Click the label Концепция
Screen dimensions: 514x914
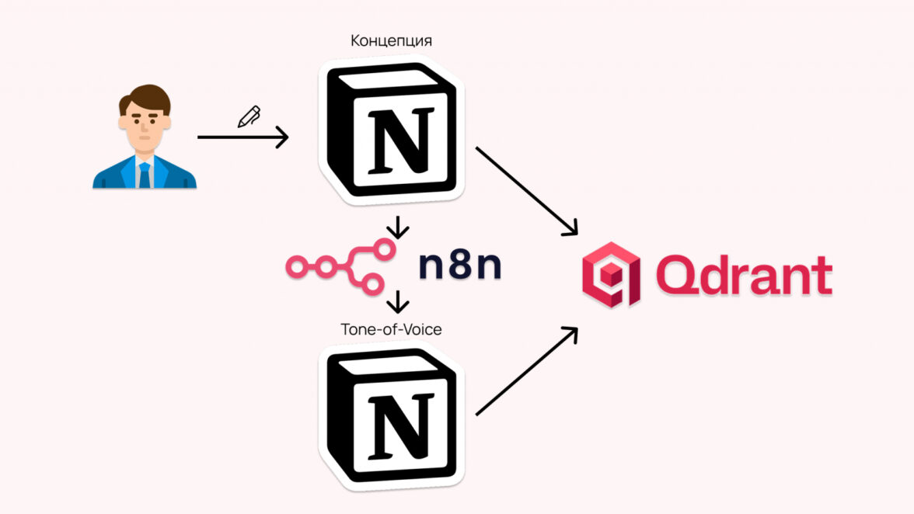click(x=392, y=40)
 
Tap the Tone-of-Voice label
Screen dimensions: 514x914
click(x=391, y=329)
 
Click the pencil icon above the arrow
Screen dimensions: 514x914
click(x=249, y=117)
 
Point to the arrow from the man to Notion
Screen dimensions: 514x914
click(x=242, y=138)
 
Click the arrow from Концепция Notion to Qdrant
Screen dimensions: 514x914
click(x=527, y=190)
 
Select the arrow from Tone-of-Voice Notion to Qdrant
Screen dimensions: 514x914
click(x=527, y=370)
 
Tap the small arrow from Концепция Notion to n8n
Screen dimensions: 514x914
click(x=397, y=227)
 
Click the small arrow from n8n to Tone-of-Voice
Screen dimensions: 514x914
click(x=397, y=301)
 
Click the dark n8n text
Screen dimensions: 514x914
click(x=459, y=265)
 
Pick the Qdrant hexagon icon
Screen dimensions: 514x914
click(x=611, y=274)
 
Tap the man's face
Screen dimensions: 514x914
click(x=145, y=127)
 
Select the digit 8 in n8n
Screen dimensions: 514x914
click(x=459, y=265)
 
